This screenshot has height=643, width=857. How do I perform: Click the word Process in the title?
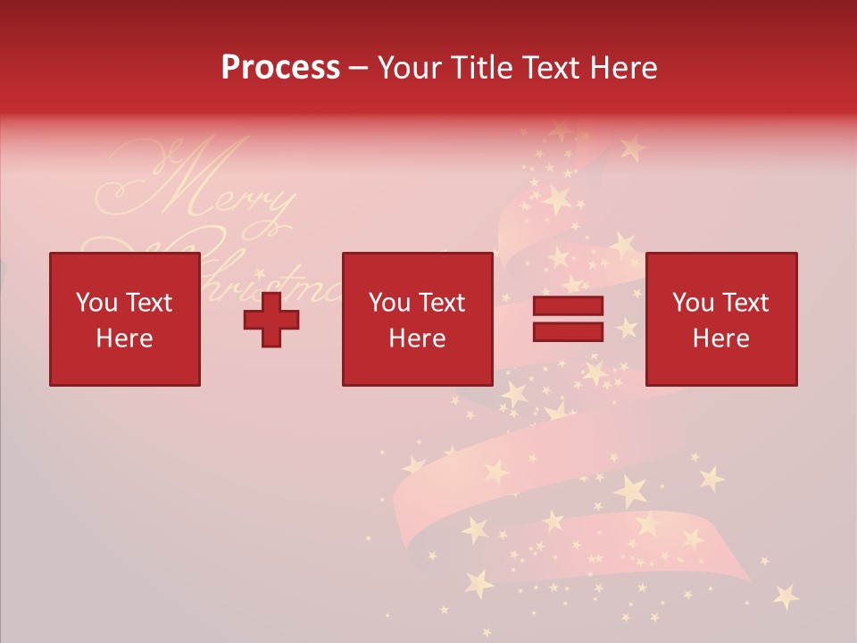[280, 68]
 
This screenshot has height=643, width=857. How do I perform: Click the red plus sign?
[271, 320]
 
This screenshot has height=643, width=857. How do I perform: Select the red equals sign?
[568, 319]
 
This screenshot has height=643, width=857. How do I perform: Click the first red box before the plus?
[125, 320]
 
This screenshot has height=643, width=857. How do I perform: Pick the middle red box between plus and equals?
[417, 320]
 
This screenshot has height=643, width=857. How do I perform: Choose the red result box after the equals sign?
[720, 320]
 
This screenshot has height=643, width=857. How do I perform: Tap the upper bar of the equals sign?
[568, 306]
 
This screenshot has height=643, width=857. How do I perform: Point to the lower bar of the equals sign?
[568, 331]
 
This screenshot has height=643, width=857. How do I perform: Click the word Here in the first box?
[125, 338]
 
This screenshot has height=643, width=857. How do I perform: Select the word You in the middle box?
[389, 303]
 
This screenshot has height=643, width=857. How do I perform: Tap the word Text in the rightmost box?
[745, 303]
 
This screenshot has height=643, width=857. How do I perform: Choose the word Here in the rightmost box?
[720, 338]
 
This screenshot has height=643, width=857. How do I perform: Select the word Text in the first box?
[148, 303]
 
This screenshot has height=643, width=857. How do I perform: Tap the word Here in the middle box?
[417, 338]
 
